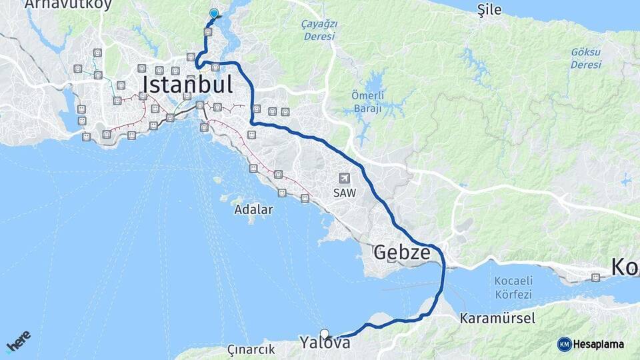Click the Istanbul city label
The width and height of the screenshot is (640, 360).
pyautogui.click(x=187, y=85)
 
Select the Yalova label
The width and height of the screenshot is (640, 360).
pyautogui.click(x=325, y=343)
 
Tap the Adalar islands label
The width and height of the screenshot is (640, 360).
pyautogui.click(x=253, y=209)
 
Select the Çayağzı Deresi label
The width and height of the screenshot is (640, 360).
pyautogui.click(x=320, y=30)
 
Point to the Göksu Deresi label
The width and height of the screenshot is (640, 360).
pyautogui.click(x=585, y=58)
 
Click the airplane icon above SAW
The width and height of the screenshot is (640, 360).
pyautogui.click(x=345, y=178)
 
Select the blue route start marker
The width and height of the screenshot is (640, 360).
pyautogui.click(x=213, y=13)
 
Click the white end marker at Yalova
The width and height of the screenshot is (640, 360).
pyautogui.click(x=325, y=333)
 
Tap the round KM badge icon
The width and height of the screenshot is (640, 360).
pyautogui.click(x=565, y=344)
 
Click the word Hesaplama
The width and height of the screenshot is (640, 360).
pyautogui.click(x=599, y=344)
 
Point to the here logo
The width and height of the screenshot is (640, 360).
pyautogui.click(x=18, y=341)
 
